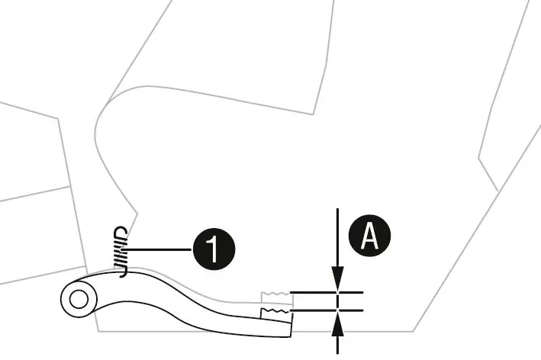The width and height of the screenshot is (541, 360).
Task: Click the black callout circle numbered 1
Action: pyautogui.click(x=214, y=249)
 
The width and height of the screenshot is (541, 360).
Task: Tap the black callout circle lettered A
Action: pyautogui.click(x=369, y=236)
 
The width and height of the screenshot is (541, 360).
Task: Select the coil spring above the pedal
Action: pyautogui.click(x=121, y=252)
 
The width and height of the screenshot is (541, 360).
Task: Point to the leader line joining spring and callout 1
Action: pyautogui.click(x=159, y=249)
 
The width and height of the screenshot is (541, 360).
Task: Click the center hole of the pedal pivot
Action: pyautogui.click(x=79, y=299)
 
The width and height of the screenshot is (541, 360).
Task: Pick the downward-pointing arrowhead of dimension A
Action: pyautogui.click(x=338, y=278)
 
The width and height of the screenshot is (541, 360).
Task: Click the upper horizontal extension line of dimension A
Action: pyautogui.click(x=327, y=292)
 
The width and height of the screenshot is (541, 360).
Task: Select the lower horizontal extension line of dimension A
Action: pyautogui.click(x=327, y=310)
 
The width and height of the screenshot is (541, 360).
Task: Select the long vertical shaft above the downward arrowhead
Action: pyautogui.click(x=338, y=237)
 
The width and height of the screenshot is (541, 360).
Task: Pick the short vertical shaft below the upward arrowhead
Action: pyautogui.click(x=338, y=345)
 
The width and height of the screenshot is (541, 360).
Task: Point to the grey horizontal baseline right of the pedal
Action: pyautogui.click(x=353, y=331)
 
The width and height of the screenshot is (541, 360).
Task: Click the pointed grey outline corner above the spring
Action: pyautogui.click(x=137, y=214)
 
